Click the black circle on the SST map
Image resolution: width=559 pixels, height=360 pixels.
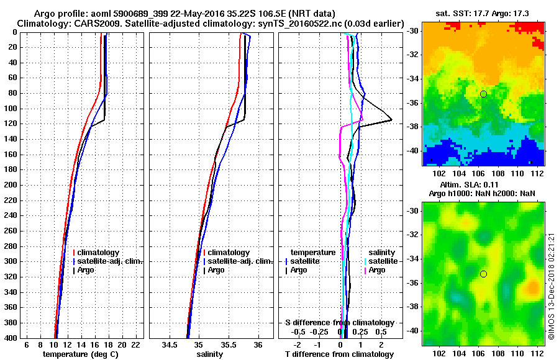pos(483,94)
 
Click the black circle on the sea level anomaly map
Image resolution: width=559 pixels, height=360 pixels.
pos(483,274)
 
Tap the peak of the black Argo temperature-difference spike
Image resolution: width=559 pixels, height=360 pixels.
pos(391,119)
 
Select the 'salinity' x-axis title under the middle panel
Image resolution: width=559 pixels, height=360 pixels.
pos(211,354)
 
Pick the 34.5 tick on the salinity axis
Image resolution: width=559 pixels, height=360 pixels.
pos(171,344)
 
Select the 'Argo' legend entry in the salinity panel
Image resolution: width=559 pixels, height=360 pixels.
pos(216,270)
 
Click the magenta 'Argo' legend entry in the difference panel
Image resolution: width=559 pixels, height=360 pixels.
pos(376,270)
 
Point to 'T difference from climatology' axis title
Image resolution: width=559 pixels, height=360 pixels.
pos(339,354)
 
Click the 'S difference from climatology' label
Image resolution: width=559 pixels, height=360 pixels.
pos(339,323)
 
